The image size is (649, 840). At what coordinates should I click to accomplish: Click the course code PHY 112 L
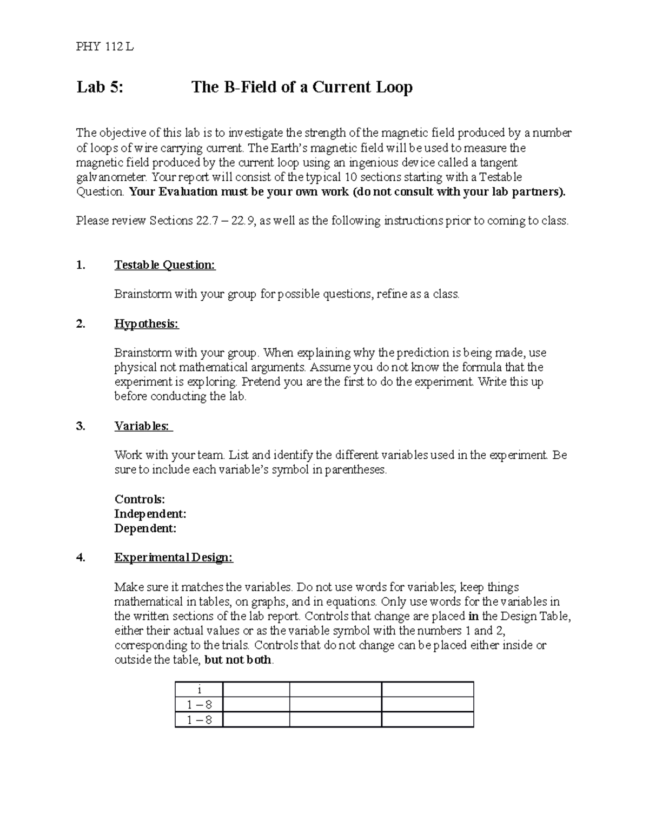tap(105, 47)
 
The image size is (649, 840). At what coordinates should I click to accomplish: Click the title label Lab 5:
tap(100, 87)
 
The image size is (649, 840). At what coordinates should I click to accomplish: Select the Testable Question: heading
tap(164, 265)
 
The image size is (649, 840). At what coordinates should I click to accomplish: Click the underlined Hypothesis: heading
tap(146, 324)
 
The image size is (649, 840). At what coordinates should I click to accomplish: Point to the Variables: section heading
tap(143, 426)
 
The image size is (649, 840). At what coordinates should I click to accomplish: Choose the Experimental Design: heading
tap(173, 558)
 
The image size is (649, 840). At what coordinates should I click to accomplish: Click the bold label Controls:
tap(140, 499)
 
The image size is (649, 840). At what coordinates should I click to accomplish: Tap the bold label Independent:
tap(150, 514)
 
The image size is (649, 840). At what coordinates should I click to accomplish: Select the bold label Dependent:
tap(145, 528)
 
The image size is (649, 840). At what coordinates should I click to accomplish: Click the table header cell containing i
tap(199, 690)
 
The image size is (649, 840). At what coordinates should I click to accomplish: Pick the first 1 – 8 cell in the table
tap(199, 705)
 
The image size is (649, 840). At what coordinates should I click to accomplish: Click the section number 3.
tap(81, 426)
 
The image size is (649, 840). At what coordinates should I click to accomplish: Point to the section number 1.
tap(81, 265)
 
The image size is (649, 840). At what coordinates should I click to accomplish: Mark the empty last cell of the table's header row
tap(427, 690)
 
